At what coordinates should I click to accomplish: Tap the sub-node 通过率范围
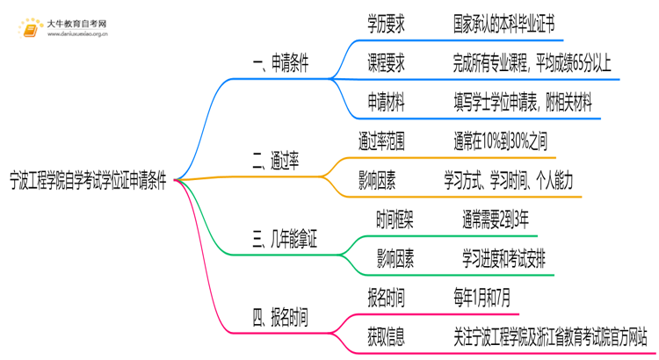click(381, 140)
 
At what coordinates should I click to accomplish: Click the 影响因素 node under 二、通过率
click(377, 181)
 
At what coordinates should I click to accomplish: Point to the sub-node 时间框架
click(395, 220)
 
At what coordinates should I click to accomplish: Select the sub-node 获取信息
click(386, 336)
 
